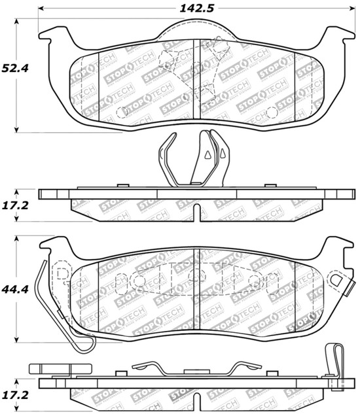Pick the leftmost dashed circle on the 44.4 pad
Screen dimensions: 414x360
click(x=138, y=281)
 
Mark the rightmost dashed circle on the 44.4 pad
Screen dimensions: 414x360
click(x=255, y=281)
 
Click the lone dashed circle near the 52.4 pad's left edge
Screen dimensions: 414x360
click(x=122, y=112)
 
